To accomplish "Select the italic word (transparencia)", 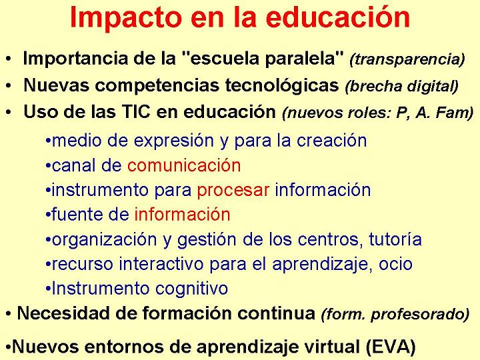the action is pos(407,59).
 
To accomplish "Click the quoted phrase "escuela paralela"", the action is pos(263,58).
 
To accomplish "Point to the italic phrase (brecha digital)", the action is pos(401,86).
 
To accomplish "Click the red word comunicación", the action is pos(184,165).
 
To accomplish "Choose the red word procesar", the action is pos(233,191).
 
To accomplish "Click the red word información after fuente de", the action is pos(182,214).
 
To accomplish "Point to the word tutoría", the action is pos(395,239).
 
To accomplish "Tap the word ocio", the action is pos(395,264).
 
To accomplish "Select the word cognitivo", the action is pos(191,289).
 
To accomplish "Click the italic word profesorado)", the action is pos(420,314).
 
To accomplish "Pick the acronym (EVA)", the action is pos(391,347).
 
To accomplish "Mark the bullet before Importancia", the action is pos(9,59).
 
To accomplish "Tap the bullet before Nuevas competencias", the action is pos(9,86).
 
